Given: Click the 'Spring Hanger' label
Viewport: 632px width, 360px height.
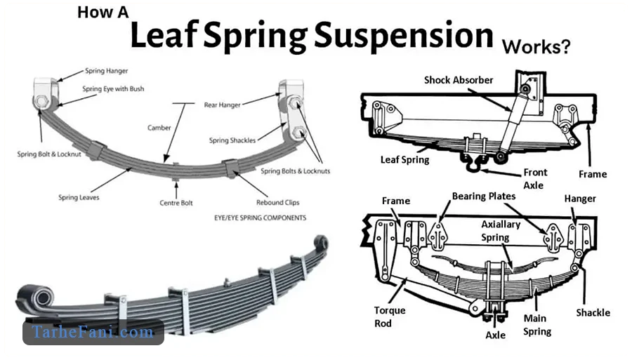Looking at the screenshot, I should (x=106, y=71).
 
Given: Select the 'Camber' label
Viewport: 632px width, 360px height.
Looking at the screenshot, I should (x=159, y=128).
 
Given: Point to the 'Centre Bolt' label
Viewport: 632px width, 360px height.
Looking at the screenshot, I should (x=176, y=203).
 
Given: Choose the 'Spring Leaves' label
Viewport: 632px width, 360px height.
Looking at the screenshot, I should (x=79, y=198).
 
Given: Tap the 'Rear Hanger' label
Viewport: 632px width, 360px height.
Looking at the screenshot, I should (x=222, y=105).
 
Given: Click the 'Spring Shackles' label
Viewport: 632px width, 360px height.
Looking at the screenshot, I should (x=232, y=140).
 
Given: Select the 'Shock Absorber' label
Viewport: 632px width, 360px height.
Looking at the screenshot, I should (x=459, y=80).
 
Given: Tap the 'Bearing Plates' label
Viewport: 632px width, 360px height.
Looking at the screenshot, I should (x=484, y=196).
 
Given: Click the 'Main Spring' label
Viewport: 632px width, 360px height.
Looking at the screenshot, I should (x=537, y=325).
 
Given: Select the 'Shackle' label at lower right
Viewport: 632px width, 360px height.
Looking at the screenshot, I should (x=593, y=312).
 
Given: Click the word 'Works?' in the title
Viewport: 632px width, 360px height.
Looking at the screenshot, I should (x=536, y=47).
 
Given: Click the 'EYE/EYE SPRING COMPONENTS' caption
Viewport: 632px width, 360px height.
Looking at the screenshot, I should (x=260, y=218).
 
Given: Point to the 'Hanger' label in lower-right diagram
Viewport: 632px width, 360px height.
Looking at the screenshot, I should (x=580, y=199).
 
